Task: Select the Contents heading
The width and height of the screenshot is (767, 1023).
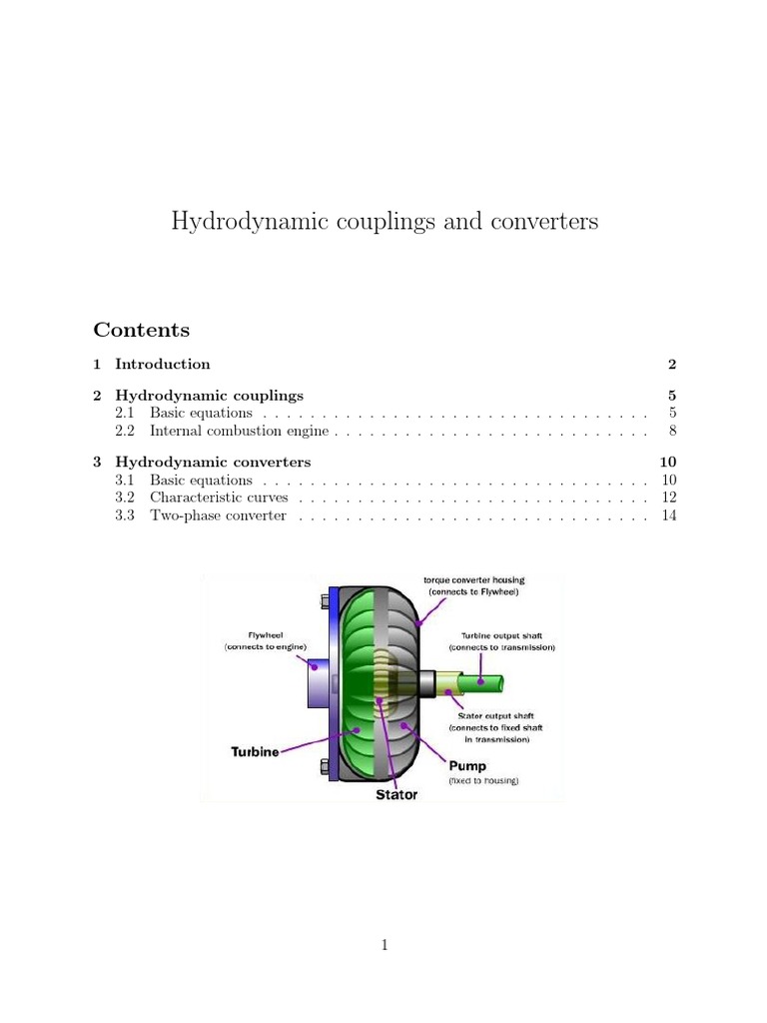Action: pyautogui.click(x=141, y=330)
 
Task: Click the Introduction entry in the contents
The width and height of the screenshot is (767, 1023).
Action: pyautogui.click(x=162, y=364)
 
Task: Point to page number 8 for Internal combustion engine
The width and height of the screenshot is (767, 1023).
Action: pyautogui.click(x=673, y=433)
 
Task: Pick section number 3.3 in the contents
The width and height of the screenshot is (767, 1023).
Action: pyautogui.click(x=125, y=515)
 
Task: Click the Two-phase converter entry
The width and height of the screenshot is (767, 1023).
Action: pyautogui.click(x=218, y=515)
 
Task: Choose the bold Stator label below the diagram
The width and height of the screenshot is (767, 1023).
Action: pyautogui.click(x=395, y=796)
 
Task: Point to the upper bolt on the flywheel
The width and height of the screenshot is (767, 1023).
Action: pyautogui.click(x=327, y=601)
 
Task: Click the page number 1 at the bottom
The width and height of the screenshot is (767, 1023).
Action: pyautogui.click(x=383, y=944)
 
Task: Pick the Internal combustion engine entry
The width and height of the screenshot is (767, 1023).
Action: pyautogui.click(x=240, y=433)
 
